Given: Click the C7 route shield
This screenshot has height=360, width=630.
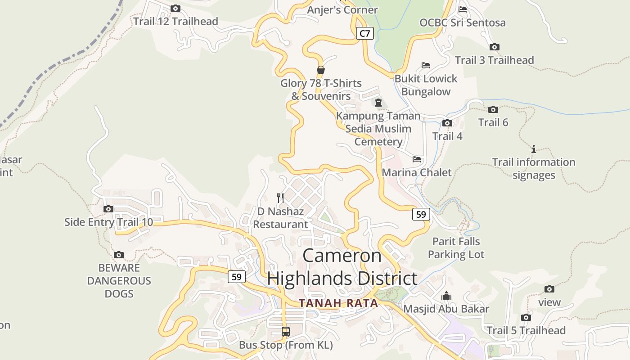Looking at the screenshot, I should (365, 33).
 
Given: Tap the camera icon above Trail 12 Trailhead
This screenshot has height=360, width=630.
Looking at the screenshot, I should (175, 8).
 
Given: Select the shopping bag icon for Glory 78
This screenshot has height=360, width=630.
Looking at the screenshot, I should (321, 70).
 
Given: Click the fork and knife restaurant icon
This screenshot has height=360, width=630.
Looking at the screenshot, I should (280, 197).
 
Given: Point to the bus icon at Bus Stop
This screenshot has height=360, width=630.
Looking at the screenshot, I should (286, 332).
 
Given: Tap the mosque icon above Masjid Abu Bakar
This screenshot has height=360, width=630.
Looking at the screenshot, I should (446, 296).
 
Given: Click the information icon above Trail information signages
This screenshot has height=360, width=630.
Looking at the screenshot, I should (534, 149).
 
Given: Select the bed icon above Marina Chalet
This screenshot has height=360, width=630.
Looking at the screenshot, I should (417, 159).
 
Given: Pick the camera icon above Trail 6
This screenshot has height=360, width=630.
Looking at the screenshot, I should (493, 109).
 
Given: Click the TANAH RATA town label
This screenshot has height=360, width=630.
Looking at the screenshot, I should (339, 303).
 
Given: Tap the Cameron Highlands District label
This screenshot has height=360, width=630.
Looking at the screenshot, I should (342, 267).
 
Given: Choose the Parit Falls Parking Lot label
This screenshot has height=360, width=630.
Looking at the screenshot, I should (456, 248).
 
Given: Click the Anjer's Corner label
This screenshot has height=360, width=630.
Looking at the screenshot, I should (342, 9).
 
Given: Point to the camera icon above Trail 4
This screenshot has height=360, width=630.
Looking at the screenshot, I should (447, 123).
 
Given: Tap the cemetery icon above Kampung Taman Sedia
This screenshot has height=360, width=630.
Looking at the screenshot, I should (378, 103).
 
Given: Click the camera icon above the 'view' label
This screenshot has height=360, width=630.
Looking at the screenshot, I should (549, 289).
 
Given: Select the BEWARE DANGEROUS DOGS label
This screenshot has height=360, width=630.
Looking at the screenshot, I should (119, 280).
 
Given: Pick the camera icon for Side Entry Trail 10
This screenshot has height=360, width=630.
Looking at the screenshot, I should (108, 209).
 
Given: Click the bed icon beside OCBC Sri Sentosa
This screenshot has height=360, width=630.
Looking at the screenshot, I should (463, 9).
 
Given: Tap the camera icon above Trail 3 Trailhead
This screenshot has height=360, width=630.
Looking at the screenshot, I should (495, 47).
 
